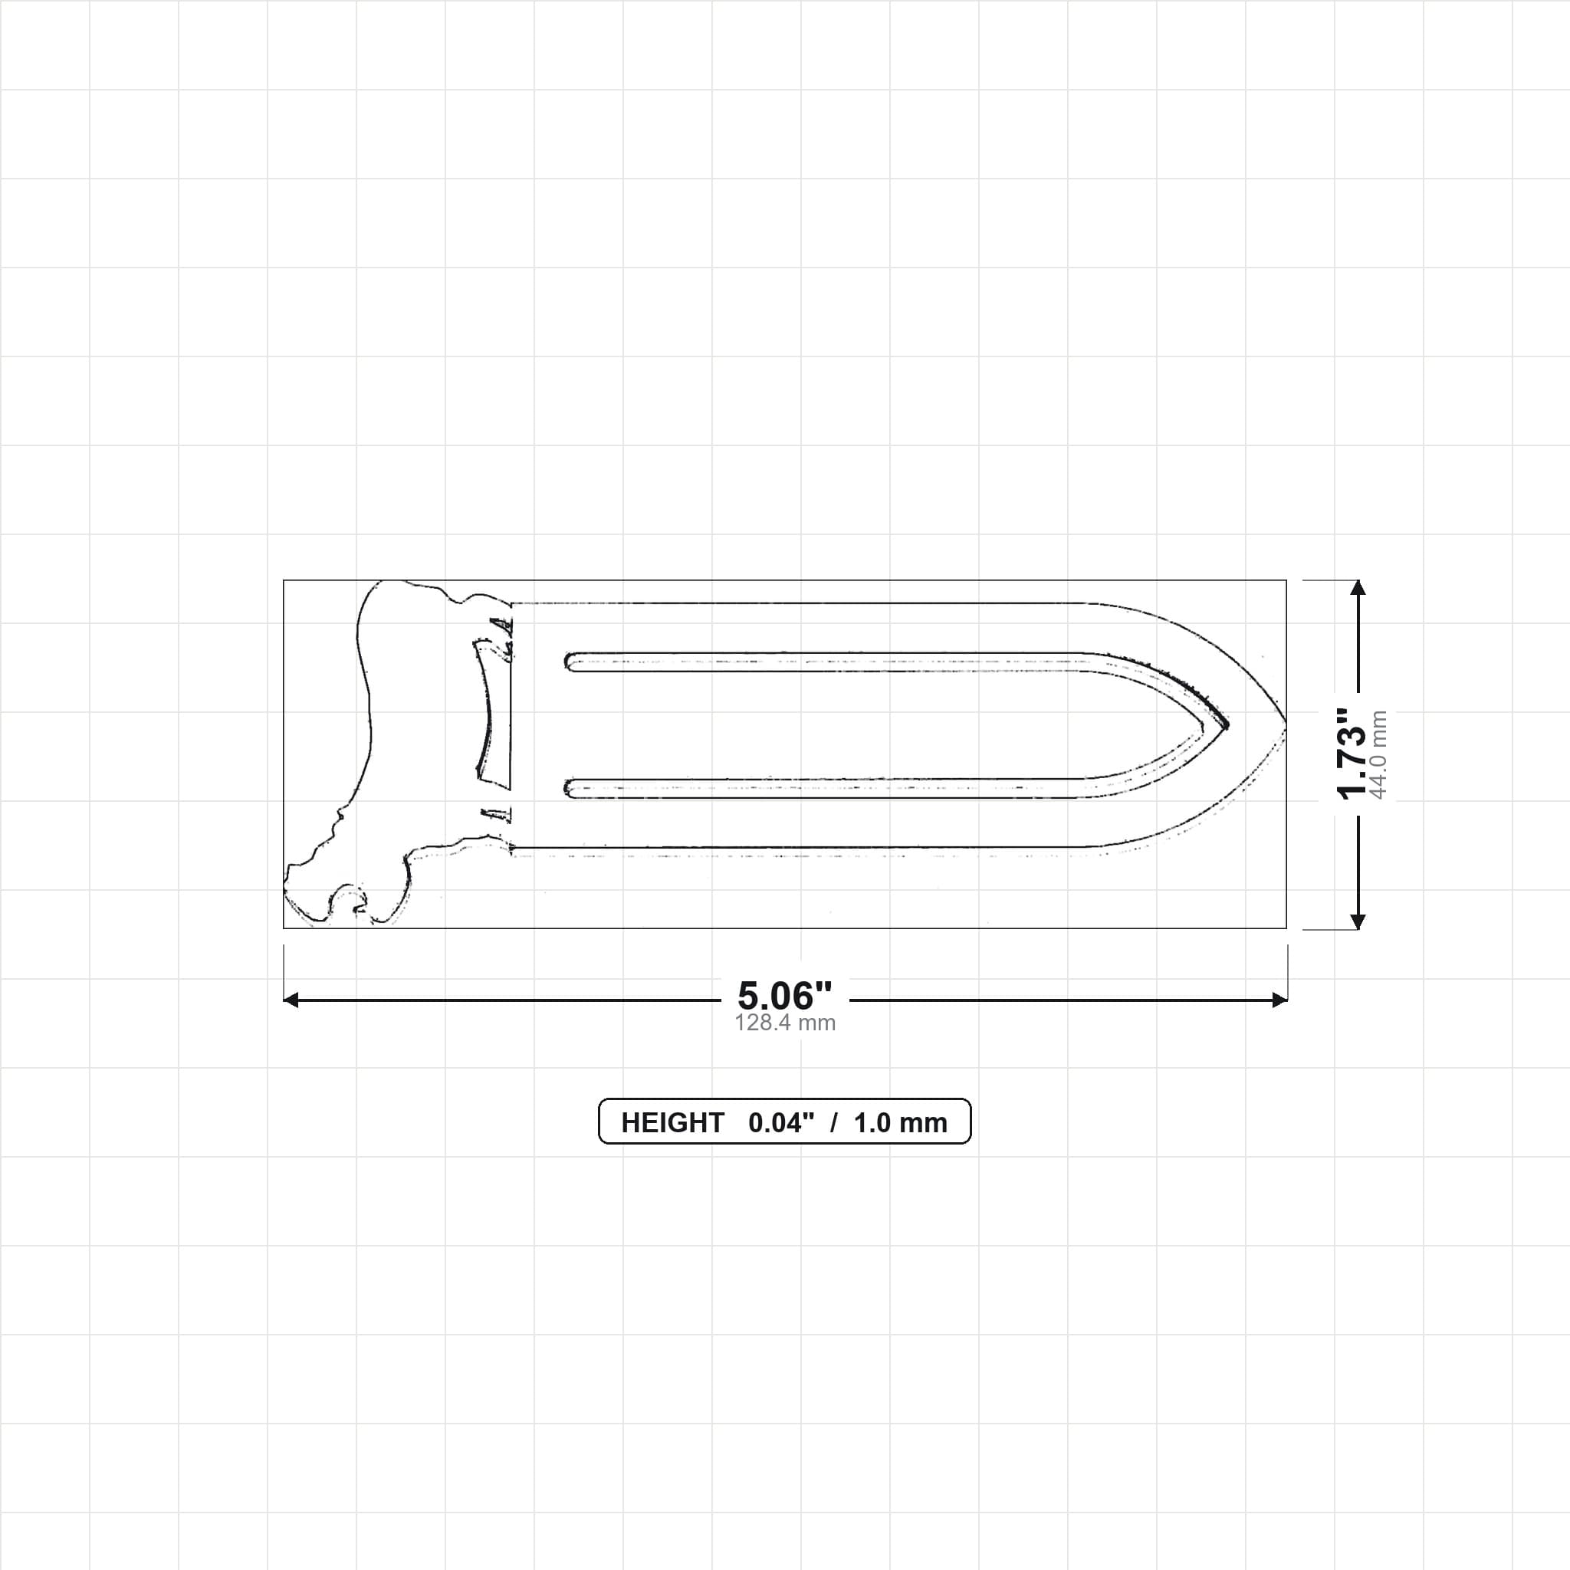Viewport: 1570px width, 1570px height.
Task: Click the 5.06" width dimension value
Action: pos(784,996)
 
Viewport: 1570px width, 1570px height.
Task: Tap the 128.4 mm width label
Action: pos(785,1023)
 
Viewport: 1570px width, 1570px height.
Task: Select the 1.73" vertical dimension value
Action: pos(1353,754)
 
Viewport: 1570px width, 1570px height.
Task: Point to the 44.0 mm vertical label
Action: pos(1378,754)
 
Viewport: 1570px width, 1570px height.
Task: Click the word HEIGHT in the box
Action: pos(672,1123)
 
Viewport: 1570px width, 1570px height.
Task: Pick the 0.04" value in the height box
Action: pos(781,1123)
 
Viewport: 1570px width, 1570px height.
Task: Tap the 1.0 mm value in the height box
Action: pos(901,1123)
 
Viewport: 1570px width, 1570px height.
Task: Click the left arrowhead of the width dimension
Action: pos(291,1000)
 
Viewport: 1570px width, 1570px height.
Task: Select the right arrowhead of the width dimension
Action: pos(1279,1000)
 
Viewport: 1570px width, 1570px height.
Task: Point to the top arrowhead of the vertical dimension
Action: pos(1357,587)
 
